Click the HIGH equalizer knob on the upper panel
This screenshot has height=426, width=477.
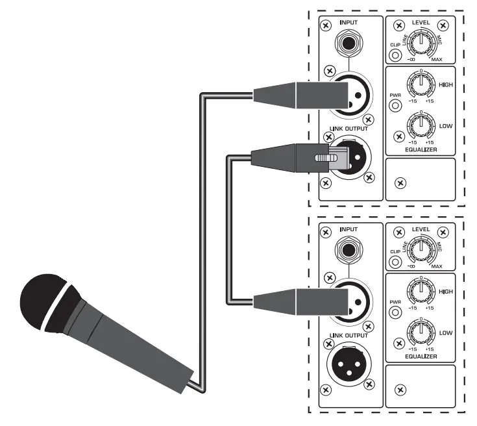coord(421,85)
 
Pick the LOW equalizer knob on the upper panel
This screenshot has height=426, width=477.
coord(421,124)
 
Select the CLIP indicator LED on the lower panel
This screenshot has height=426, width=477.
coord(395,261)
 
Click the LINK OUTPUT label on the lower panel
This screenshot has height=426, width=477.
coord(349,336)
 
